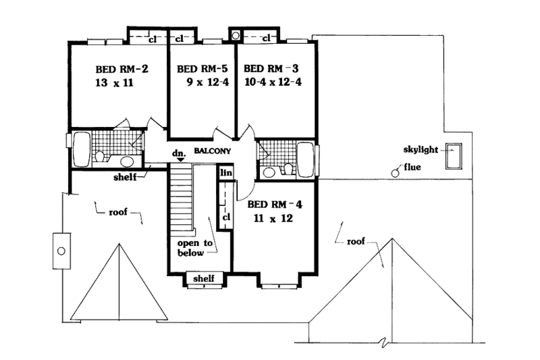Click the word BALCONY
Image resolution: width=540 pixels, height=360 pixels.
coord(213,152)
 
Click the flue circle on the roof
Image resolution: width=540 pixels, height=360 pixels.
coord(396,173)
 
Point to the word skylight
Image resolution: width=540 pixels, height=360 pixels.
coord(422,149)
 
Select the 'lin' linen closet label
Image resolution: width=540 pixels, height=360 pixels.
coord(225,174)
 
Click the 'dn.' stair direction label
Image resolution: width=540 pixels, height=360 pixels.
coord(179,154)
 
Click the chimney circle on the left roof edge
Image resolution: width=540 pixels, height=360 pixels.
coord(61,251)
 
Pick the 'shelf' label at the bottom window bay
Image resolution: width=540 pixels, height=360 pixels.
coord(204,278)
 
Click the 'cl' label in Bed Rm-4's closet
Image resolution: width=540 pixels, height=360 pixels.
coord(226,217)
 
